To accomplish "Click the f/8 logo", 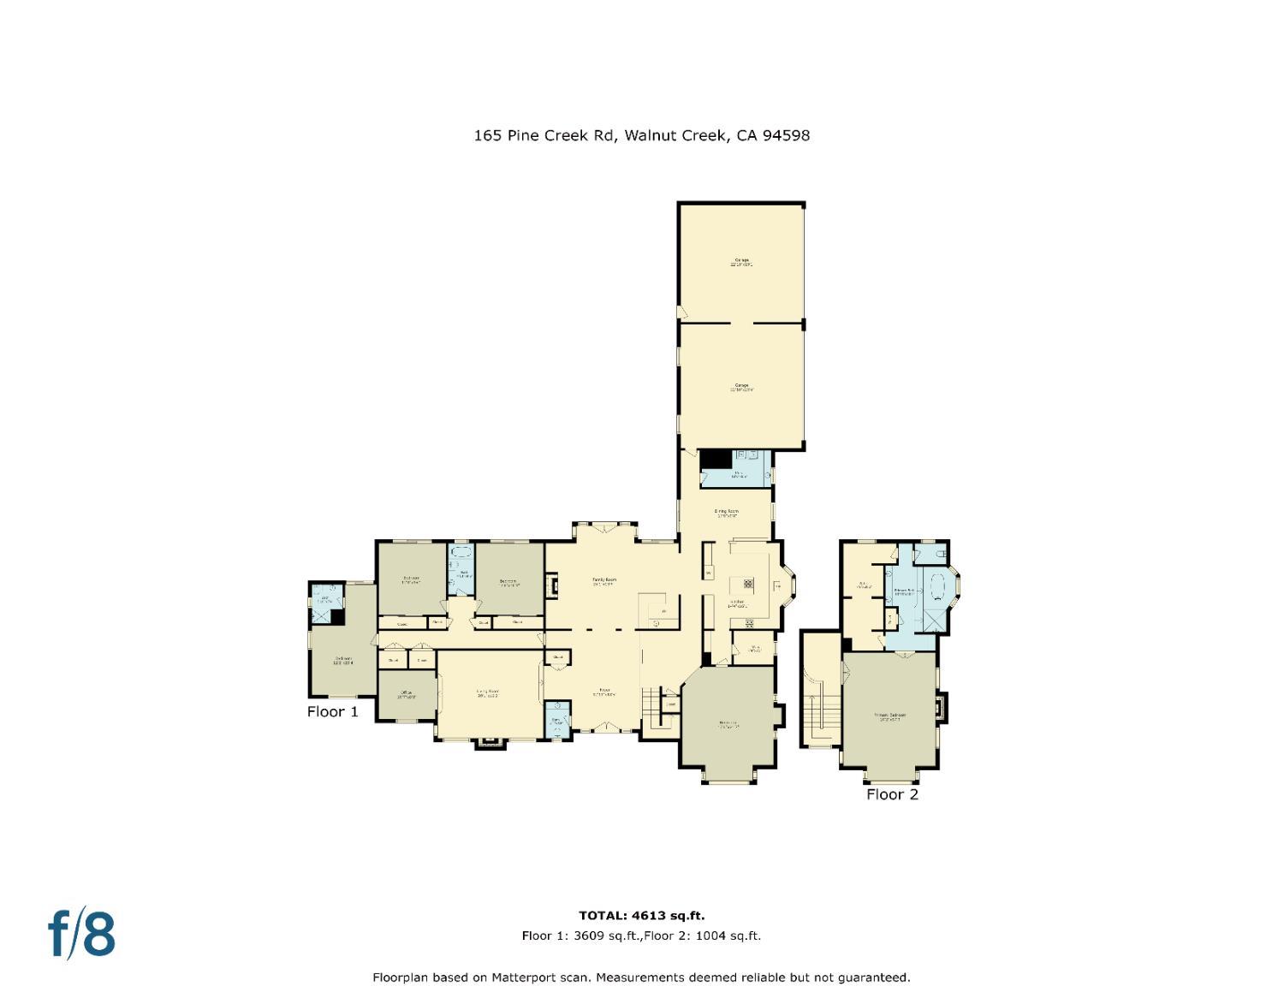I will pos(81,934).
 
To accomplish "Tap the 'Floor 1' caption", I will pos(332,711).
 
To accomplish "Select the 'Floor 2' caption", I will pos(891,794).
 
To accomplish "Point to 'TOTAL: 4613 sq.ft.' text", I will pos(641,916).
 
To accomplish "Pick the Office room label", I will pos(405,693).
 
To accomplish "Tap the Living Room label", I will pos(488,692).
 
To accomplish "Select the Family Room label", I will pos(604,580).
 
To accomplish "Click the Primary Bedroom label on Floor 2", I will pos(890,716).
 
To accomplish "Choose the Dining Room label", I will pos(727,513).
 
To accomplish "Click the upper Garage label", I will pos(740,261).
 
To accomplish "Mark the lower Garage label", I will pos(740,386).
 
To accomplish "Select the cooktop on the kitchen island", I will pos(746,585).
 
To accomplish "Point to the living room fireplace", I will pos(491,742).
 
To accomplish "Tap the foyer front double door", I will pos(606,728).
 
